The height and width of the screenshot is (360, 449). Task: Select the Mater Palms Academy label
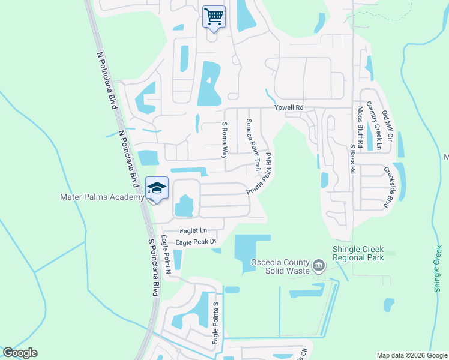(x=102, y=197)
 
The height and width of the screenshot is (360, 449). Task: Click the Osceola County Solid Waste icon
(x=319, y=265)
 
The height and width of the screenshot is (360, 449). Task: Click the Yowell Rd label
(x=289, y=107)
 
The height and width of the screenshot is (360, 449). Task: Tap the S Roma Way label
(x=225, y=139)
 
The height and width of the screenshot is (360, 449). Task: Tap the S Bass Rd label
(x=352, y=158)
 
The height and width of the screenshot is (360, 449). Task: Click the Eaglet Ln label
(x=193, y=230)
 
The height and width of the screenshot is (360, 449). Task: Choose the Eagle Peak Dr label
(x=195, y=242)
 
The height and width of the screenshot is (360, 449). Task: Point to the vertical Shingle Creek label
(x=438, y=269)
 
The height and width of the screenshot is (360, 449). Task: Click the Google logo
(x=20, y=353)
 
